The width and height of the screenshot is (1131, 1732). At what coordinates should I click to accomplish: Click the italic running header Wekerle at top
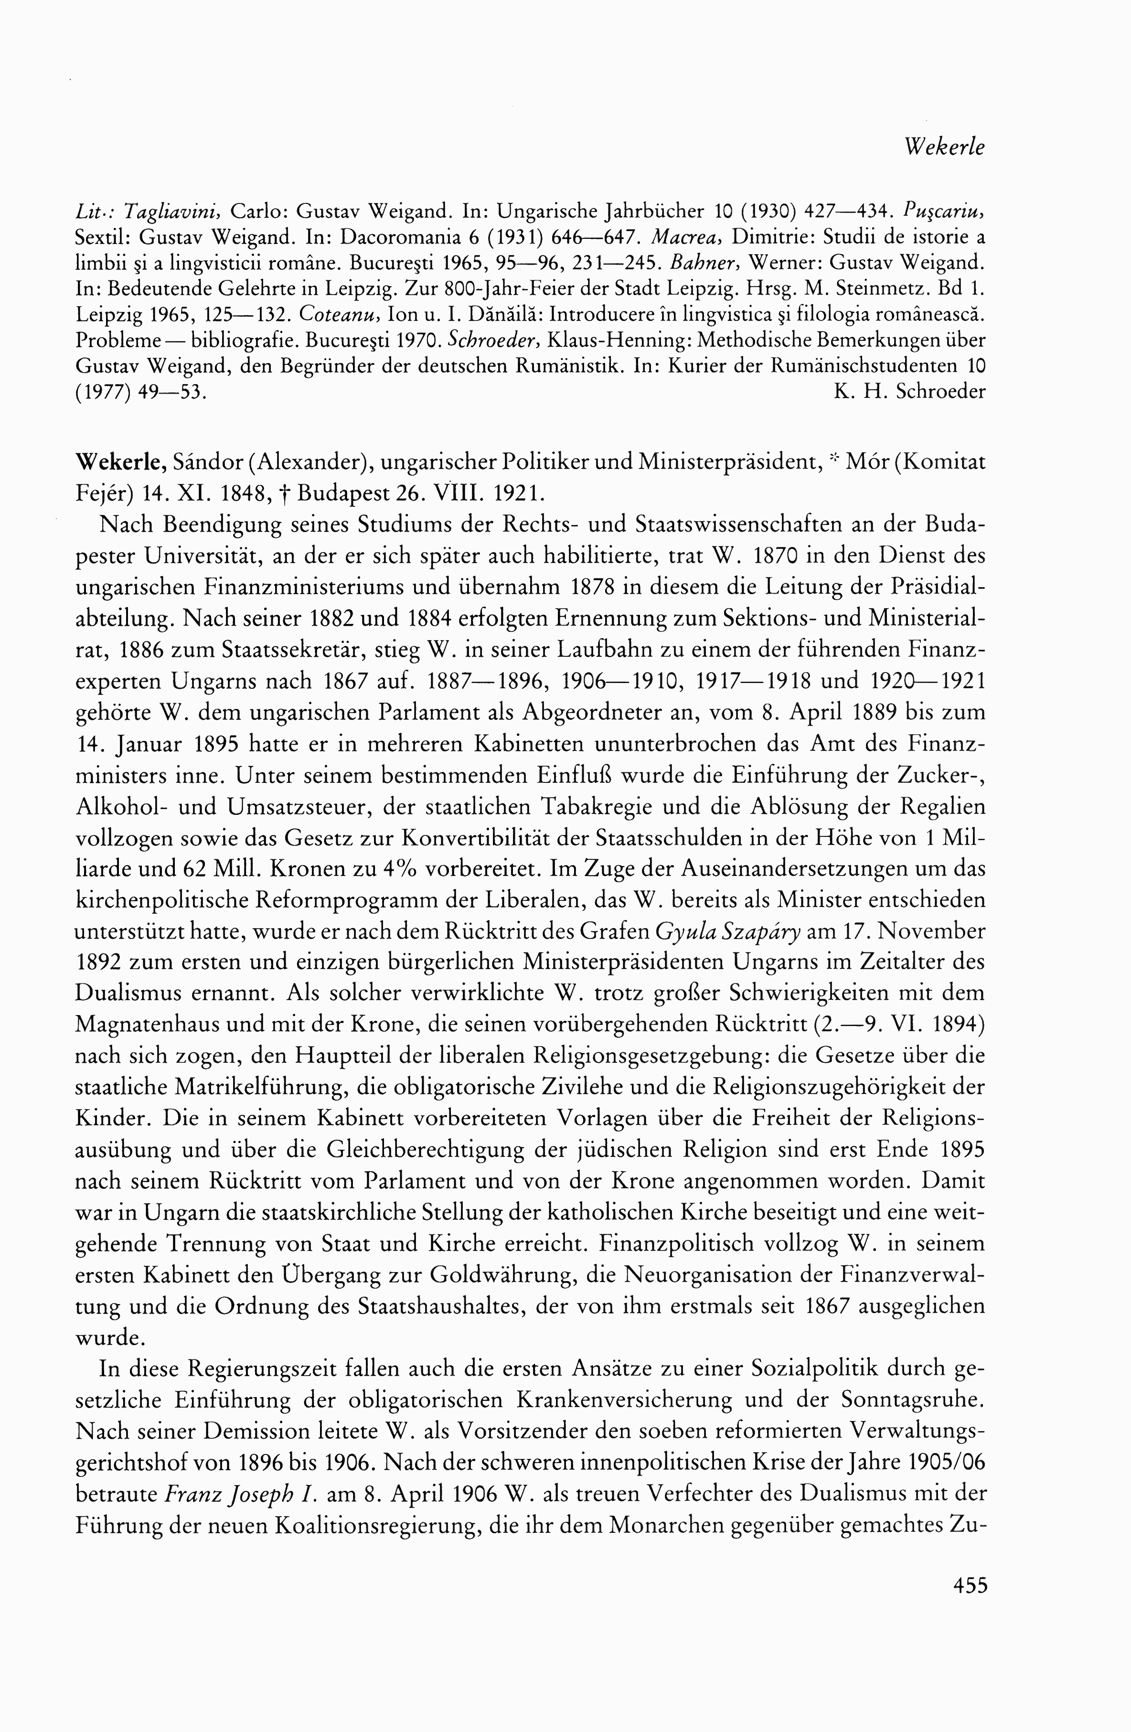[944, 148]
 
